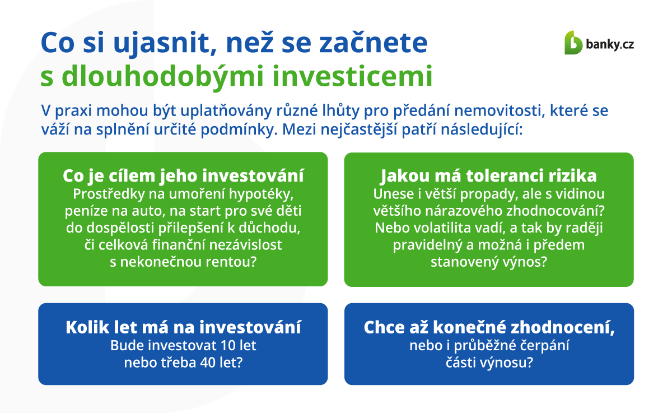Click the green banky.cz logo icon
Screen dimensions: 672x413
click(573, 43)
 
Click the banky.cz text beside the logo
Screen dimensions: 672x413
click(610, 45)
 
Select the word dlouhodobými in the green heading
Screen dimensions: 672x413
click(162, 77)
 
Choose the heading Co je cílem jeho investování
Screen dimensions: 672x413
click(183, 176)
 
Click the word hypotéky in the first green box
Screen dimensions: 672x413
click(261, 194)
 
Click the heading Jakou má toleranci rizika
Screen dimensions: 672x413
click(489, 176)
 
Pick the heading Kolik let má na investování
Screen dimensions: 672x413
click(183, 327)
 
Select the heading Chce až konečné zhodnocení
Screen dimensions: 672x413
click(489, 328)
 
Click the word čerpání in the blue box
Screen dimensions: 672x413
click(544, 346)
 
